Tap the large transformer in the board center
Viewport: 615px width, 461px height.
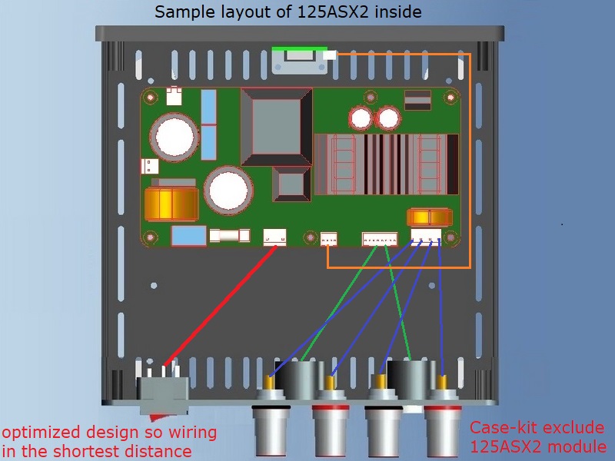(x=277, y=126)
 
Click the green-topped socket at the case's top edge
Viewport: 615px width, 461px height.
(x=300, y=58)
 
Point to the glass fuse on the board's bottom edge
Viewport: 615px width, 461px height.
(x=229, y=237)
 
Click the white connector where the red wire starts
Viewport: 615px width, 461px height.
(x=274, y=237)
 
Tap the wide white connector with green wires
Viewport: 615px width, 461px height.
(x=380, y=238)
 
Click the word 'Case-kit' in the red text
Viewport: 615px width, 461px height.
(x=499, y=428)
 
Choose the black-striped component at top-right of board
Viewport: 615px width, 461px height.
(x=417, y=100)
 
